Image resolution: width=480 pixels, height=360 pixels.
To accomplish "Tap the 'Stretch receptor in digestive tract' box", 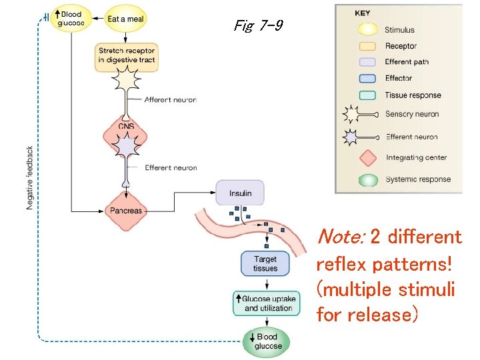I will [126, 55].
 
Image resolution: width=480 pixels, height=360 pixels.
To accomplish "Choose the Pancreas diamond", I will [126, 210].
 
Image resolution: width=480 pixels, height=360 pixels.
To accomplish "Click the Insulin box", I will [240, 193].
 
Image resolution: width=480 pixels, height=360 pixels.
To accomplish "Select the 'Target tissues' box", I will [265, 264].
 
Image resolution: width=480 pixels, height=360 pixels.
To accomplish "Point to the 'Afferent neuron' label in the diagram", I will [171, 100].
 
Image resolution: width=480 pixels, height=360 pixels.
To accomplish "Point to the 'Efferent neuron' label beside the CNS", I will [171, 168].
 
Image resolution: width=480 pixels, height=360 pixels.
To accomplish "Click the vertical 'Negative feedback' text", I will [30, 178].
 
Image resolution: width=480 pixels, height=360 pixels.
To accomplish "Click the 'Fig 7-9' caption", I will [258, 26].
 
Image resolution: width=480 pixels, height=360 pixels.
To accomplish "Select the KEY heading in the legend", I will [363, 13].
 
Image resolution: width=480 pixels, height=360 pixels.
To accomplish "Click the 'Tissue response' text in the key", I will [413, 95].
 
